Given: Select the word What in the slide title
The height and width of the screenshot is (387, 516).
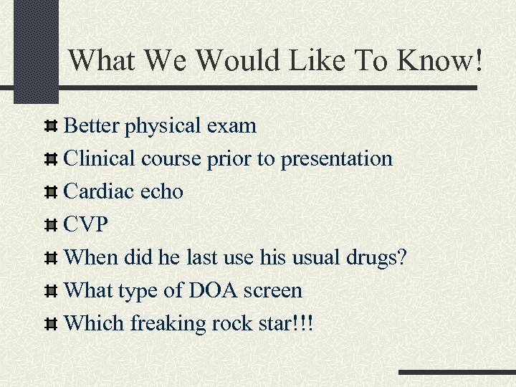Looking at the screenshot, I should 105,60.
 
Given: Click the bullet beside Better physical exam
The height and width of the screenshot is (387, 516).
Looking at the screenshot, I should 51,127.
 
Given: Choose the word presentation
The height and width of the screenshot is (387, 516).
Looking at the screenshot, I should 336,159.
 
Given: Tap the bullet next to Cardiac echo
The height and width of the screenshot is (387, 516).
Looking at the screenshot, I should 51,193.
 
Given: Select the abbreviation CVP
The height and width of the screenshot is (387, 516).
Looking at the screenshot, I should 86,225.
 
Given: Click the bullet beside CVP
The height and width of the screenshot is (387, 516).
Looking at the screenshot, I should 51,226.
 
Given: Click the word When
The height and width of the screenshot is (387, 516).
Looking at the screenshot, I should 91,258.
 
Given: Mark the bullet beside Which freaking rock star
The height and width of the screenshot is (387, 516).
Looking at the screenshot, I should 51,325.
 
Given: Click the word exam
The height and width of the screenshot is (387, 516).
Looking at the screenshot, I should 233,127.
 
